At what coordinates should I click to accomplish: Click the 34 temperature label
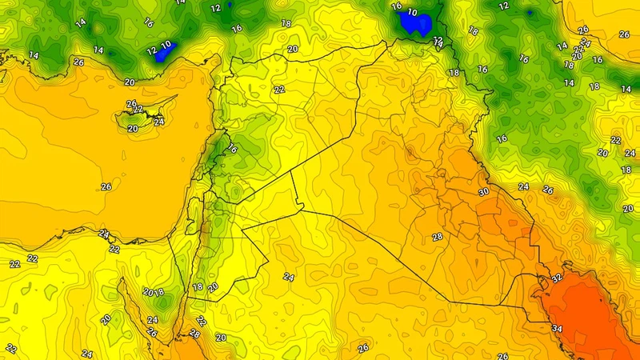click(x=557, y=329)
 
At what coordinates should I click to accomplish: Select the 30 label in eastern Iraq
click(x=483, y=193)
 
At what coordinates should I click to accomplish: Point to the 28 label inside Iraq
click(x=438, y=238)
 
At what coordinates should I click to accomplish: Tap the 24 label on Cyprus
click(x=159, y=122)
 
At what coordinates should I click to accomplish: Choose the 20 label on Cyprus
click(x=133, y=129)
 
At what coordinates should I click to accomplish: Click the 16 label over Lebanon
click(x=233, y=150)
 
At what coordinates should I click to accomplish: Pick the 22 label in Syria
click(x=279, y=90)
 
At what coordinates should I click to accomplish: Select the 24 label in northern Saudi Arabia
click(x=289, y=277)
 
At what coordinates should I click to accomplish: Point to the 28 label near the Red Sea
click(x=194, y=334)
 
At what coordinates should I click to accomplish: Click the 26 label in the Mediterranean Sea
click(x=106, y=187)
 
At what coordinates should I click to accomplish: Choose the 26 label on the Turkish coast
click(x=78, y=62)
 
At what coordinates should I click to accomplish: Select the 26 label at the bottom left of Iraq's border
click(x=363, y=348)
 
